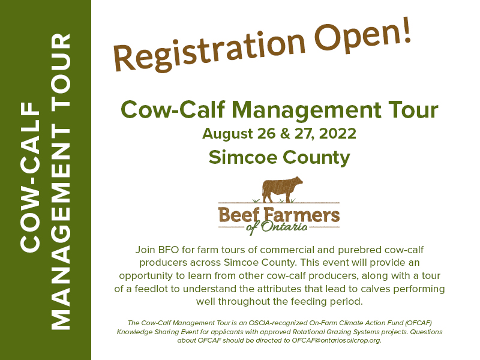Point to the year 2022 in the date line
337,133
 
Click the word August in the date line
226,133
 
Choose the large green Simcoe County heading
279,157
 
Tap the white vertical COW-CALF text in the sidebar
30,180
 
